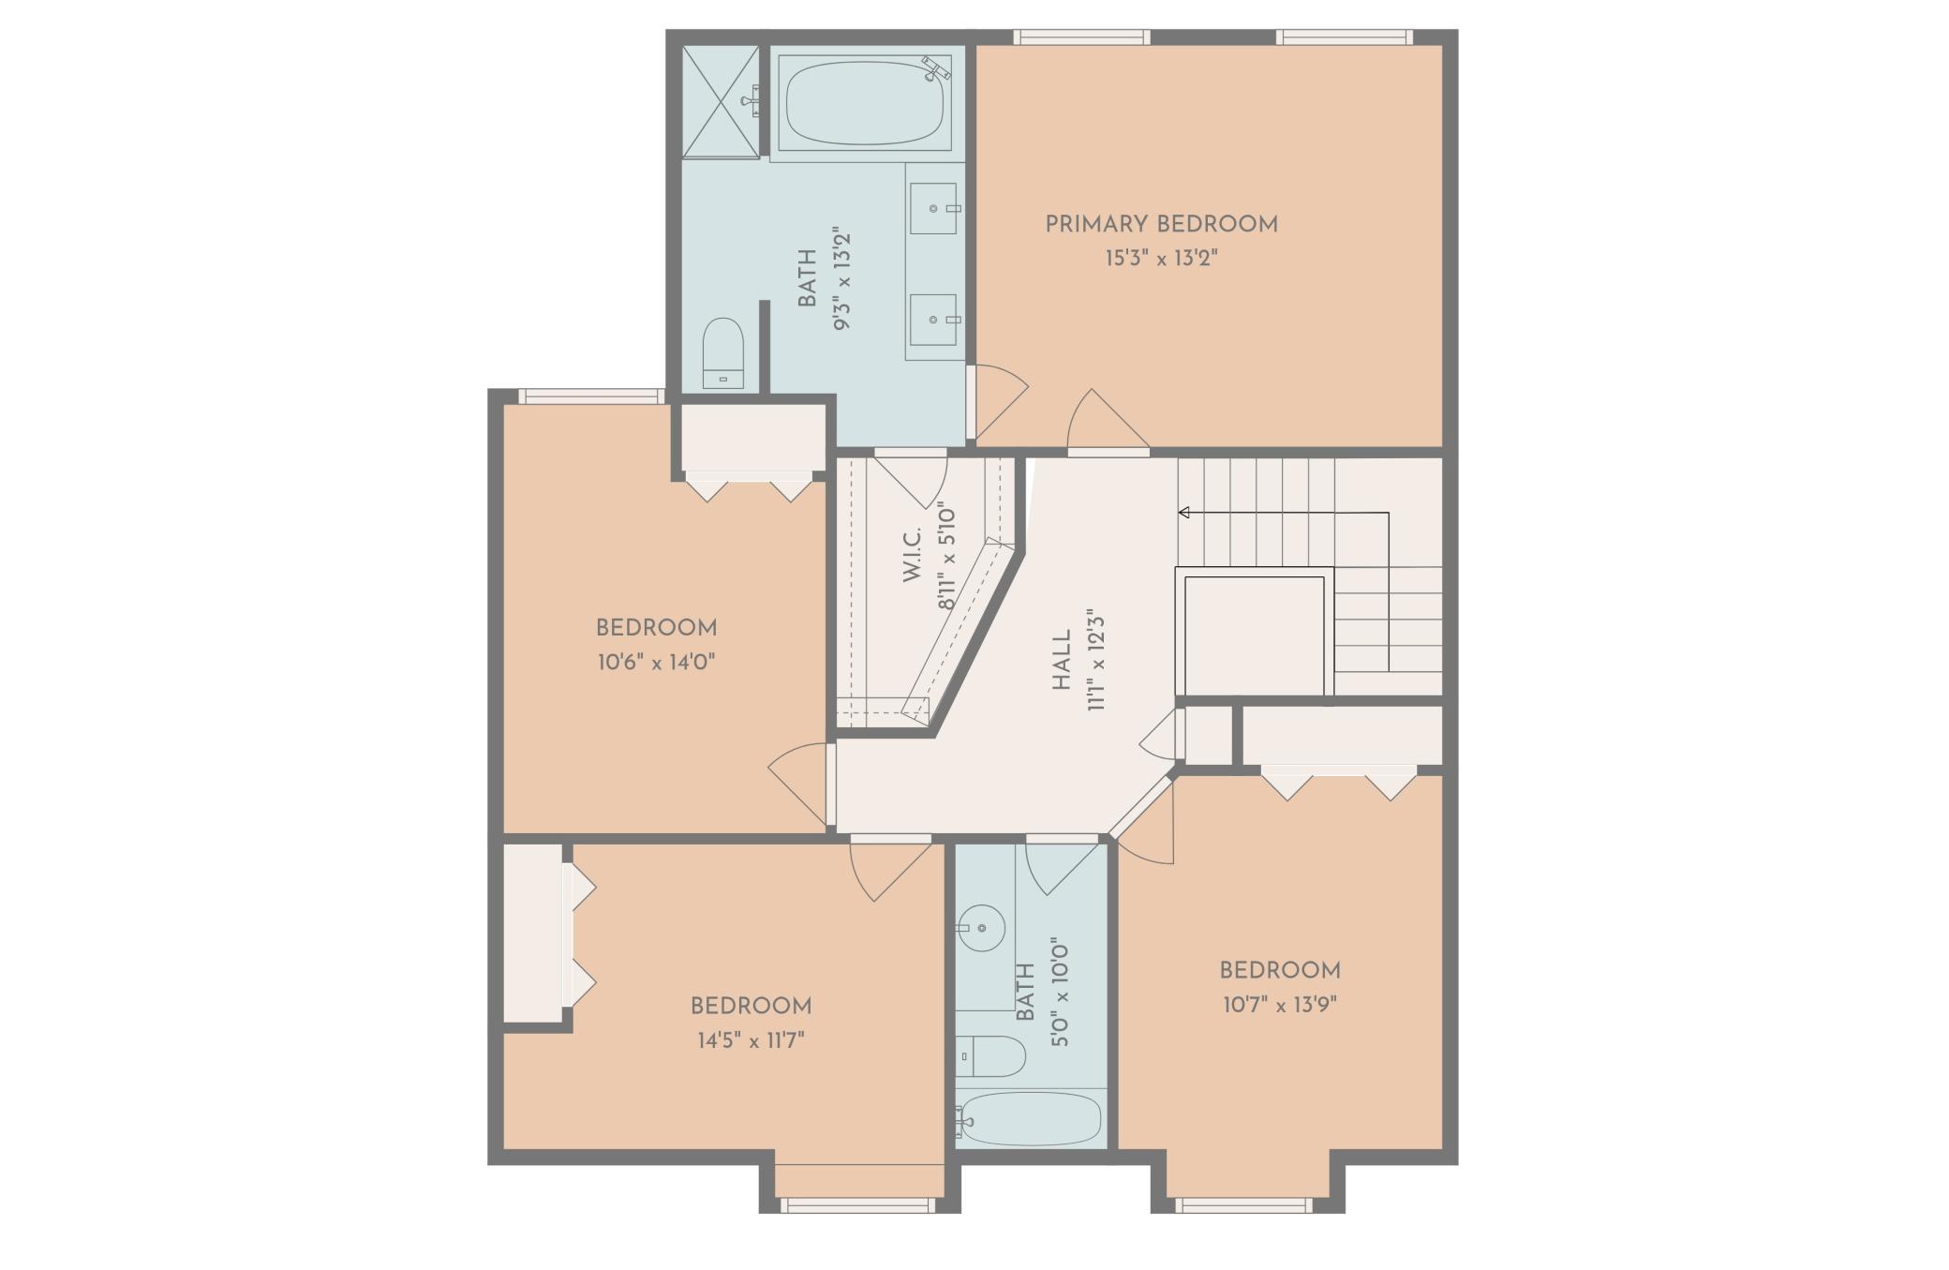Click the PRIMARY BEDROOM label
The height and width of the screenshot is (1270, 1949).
(x=1161, y=224)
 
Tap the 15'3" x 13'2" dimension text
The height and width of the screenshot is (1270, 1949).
(x=1161, y=258)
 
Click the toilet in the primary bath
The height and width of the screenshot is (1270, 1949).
(x=722, y=351)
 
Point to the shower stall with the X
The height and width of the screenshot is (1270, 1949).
(x=720, y=101)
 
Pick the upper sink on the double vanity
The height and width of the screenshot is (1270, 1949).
(x=933, y=208)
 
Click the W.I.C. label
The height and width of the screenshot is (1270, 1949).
(x=913, y=554)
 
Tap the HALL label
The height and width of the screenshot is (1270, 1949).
(x=1062, y=661)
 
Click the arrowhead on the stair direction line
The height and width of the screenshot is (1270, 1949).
(x=1184, y=513)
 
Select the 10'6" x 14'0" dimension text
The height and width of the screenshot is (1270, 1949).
(x=656, y=663)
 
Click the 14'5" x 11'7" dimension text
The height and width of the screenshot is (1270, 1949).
(x=751, y=1040)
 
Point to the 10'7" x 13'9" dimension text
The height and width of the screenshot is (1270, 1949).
(x=1279, y=1005)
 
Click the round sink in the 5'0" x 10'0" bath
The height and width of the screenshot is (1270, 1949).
(x=981, y=928)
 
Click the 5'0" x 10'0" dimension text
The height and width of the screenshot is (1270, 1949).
(x=1060, y=992)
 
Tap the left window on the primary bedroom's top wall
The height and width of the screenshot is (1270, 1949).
(x=1080, y=37)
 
